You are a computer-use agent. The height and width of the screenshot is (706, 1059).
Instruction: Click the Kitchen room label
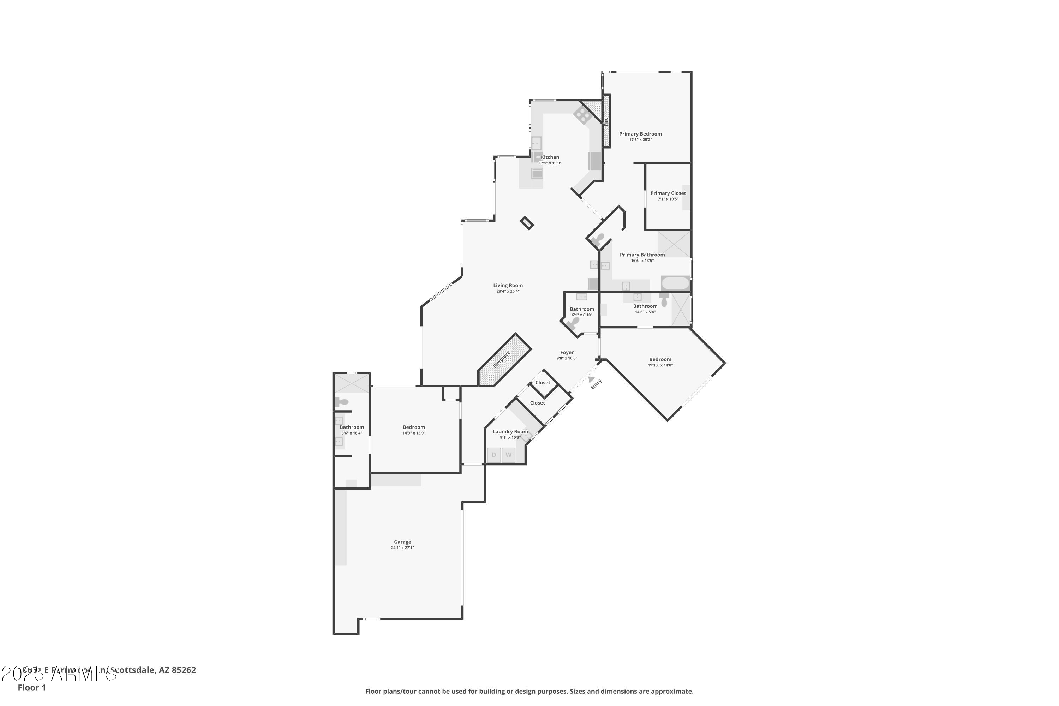(x=550, y=157)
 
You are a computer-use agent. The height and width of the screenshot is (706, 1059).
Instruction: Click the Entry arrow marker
(x=591, y=379)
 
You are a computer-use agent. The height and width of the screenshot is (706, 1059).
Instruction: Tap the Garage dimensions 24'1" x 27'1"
(x=402, y=548)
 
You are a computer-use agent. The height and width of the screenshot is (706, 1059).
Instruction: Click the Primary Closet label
(x=668, y=193)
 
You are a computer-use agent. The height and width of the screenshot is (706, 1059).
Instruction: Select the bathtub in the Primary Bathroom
(x=675, y=283)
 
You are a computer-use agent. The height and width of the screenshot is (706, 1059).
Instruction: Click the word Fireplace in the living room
(x=502, y=359)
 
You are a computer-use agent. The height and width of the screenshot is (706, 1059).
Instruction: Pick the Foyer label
(x=567, y=353)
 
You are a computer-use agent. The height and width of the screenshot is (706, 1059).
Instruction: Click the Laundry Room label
(x=510, y=431)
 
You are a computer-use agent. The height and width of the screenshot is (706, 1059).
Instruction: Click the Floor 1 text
(x=31, y=688)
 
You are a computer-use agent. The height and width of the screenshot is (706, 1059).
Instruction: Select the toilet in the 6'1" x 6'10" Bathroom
(x=574, y=322)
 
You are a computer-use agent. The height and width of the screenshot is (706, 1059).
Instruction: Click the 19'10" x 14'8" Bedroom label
(x=660, y=359)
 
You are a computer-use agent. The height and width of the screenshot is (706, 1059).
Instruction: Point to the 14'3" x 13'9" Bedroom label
(x=414, y=427)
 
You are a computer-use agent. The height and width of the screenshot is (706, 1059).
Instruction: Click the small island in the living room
(x=527, y=223)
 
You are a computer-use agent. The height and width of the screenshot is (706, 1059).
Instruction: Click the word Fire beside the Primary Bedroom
(x=606, y=121)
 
